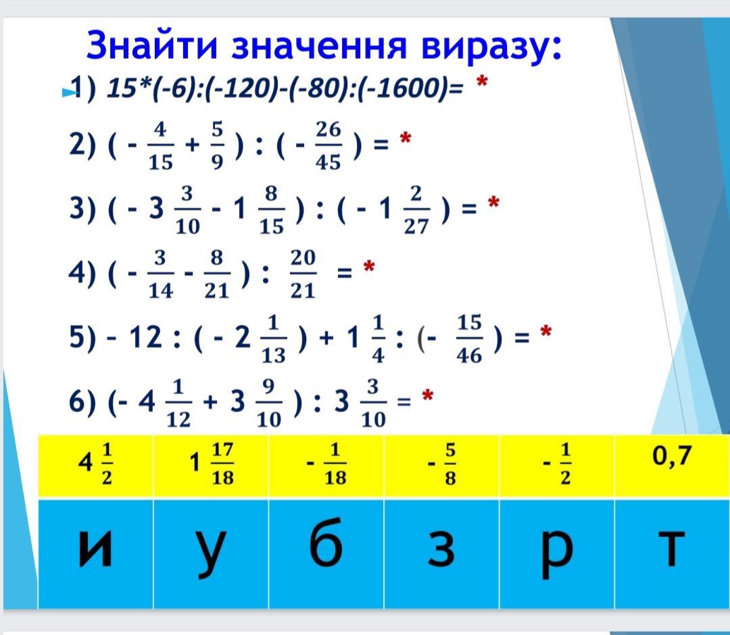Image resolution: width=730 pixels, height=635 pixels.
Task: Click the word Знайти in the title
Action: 152,45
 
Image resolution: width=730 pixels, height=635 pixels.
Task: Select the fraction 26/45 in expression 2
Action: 328,146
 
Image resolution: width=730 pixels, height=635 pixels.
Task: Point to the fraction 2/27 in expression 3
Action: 416,210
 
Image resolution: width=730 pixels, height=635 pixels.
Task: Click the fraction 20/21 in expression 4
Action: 303,274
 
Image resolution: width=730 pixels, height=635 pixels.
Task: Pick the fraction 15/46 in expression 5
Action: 469,338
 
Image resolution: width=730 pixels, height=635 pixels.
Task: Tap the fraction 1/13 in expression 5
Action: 273,338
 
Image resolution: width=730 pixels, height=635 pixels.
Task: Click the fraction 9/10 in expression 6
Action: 268,403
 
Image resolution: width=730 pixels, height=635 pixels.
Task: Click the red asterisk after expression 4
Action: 369,267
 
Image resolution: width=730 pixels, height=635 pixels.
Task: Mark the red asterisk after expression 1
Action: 482,83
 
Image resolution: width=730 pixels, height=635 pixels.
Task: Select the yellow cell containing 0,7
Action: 672,465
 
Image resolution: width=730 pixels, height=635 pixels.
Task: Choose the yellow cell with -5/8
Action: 441,465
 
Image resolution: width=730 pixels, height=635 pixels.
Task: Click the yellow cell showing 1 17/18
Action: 211,465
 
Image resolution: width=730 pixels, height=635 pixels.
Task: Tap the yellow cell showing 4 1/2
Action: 95,465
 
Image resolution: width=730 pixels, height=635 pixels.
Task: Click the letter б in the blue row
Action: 326,542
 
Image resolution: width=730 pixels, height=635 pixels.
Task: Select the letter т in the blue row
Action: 671,549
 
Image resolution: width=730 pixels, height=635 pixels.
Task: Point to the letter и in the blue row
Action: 95,549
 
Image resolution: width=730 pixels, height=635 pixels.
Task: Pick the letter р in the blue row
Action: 557,555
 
